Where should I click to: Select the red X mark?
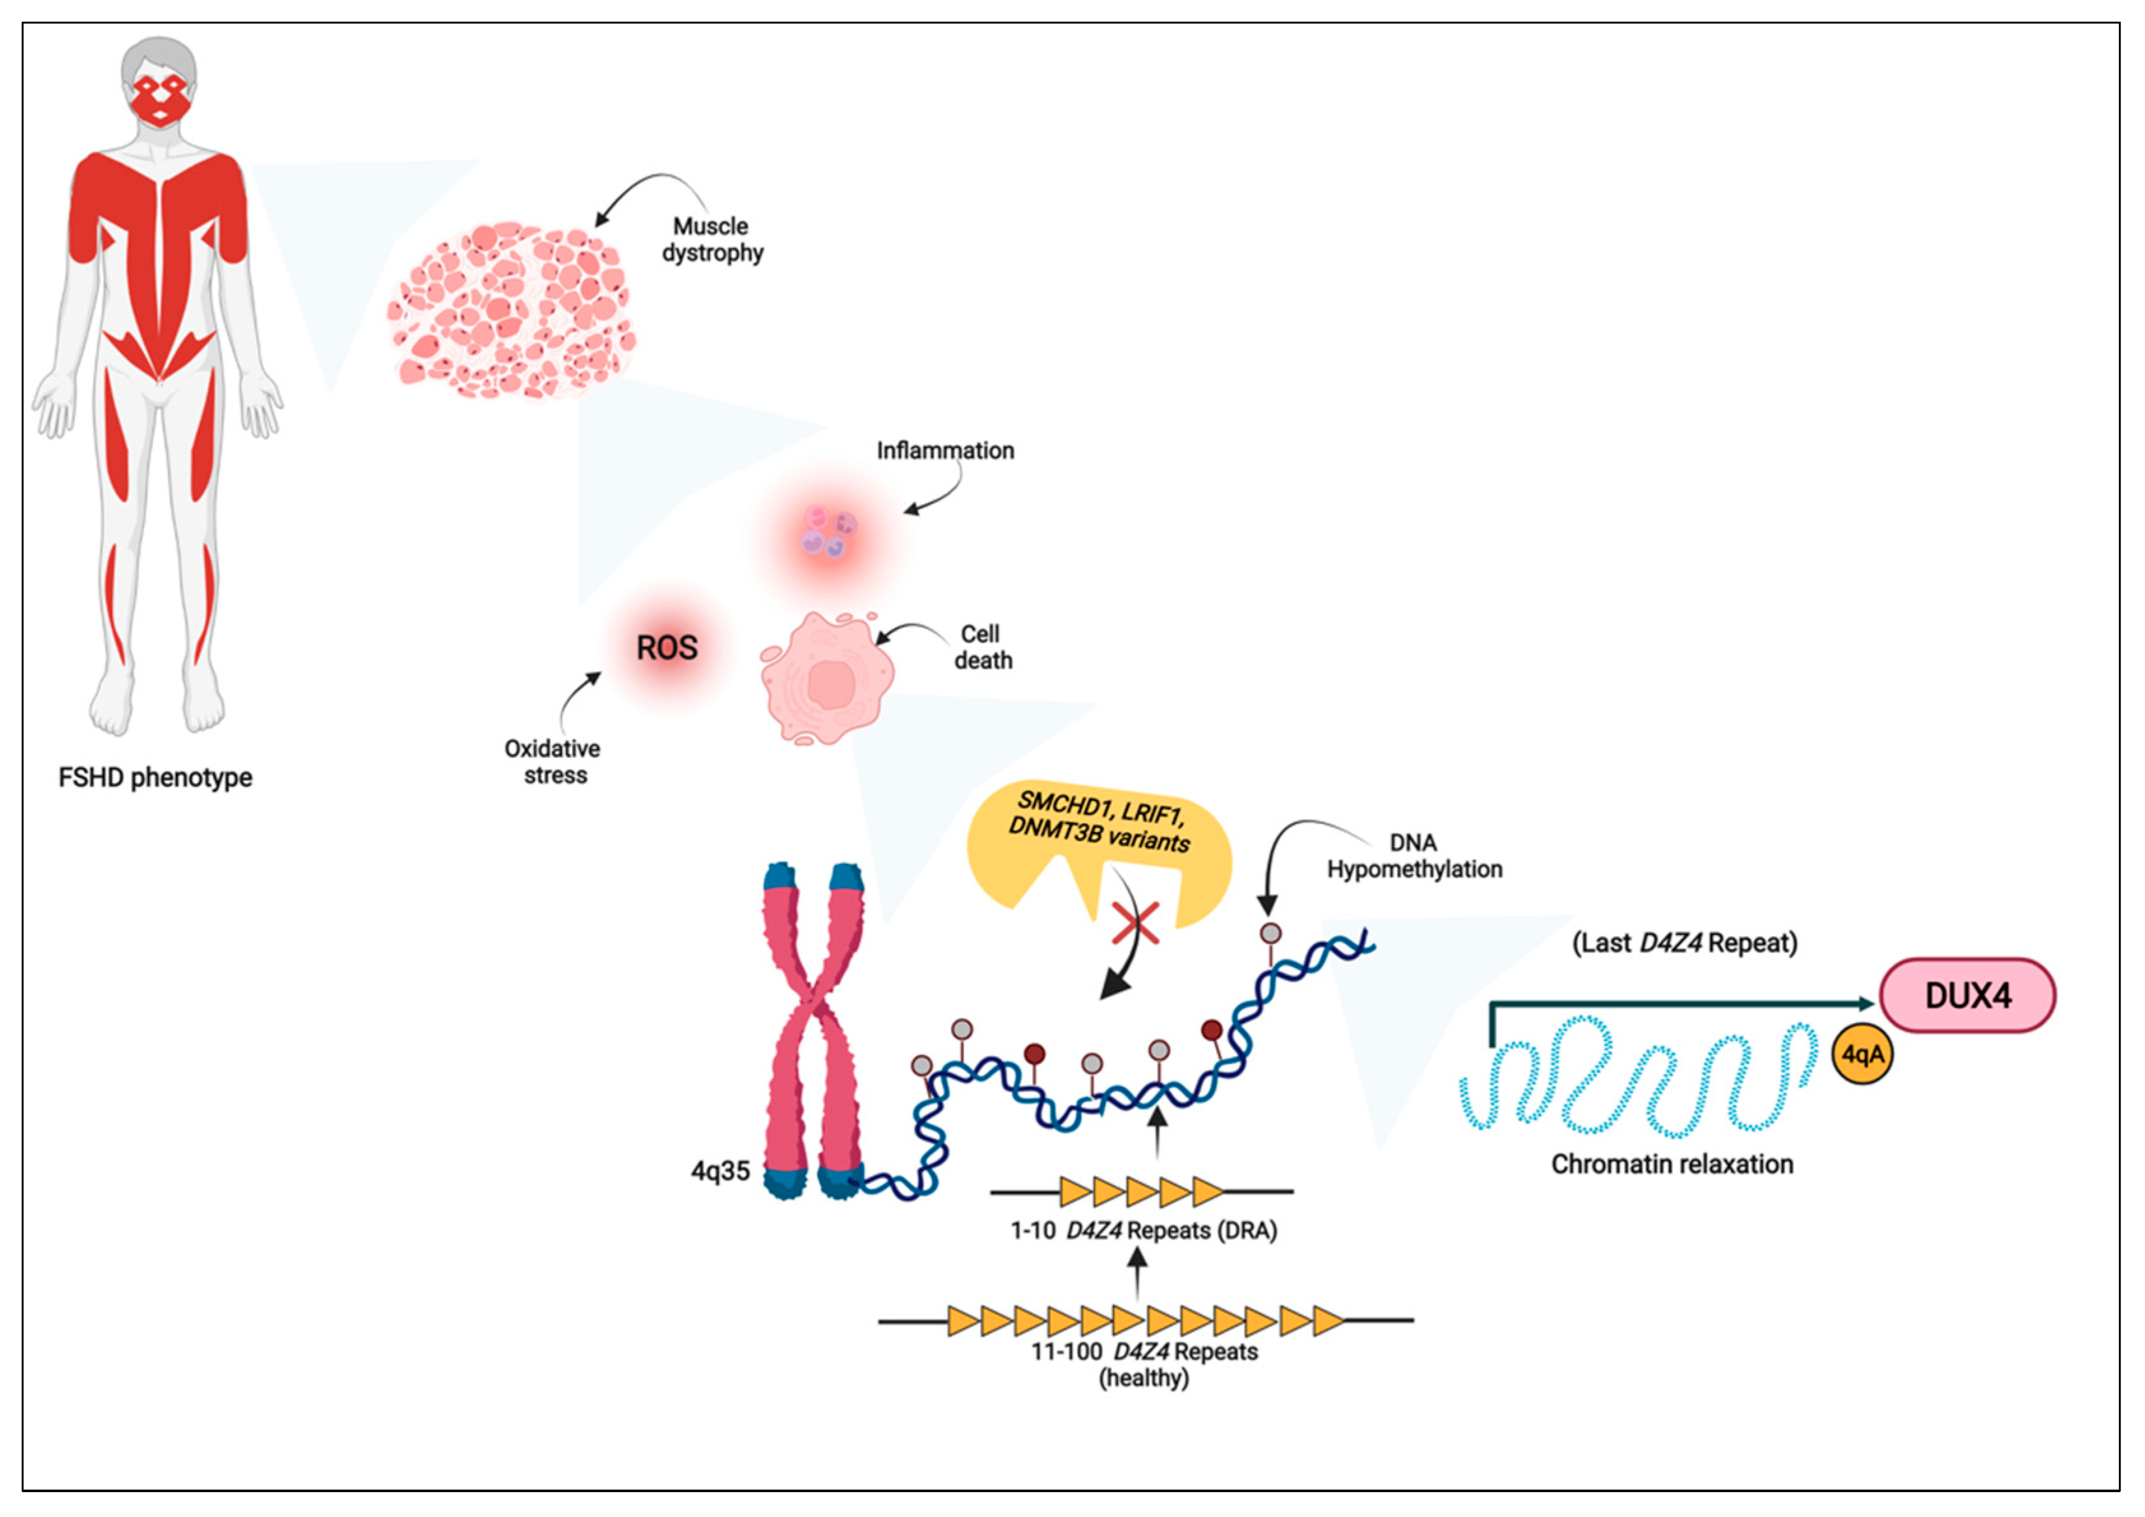coord(1136,923)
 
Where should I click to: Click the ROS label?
coord(666,648)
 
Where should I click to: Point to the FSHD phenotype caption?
coord(155,777)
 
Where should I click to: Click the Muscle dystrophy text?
coord(712,239)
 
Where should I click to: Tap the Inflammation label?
coord(945,450)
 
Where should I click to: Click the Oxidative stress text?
coord(553,761)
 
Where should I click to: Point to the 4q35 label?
coord(720,1170)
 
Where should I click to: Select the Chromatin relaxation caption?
coord(1671,1164)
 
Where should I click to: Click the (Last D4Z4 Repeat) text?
coord(1683,943)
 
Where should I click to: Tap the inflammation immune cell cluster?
coord(829,532)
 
